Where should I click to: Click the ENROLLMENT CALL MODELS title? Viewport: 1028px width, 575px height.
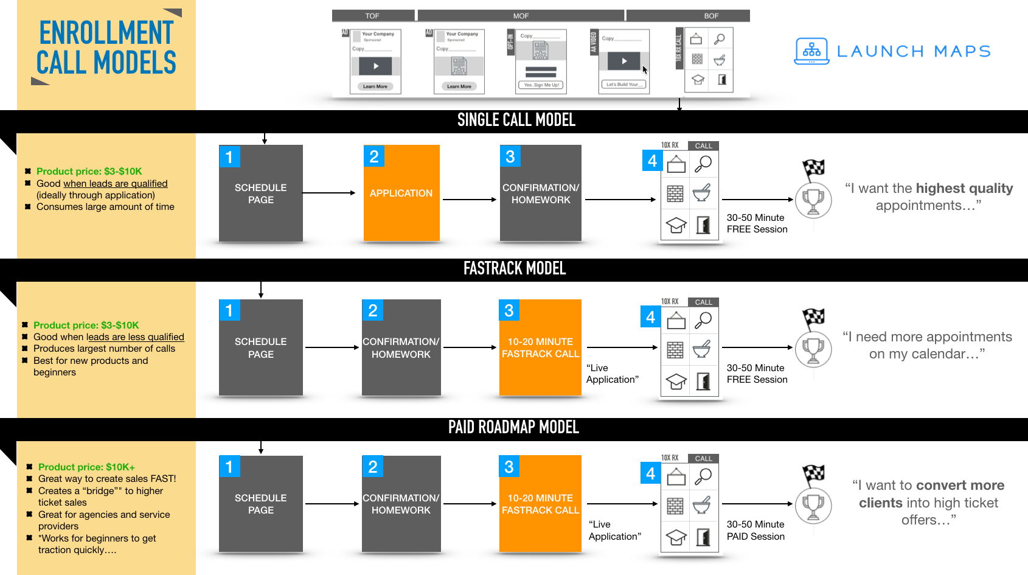tap(106, 47)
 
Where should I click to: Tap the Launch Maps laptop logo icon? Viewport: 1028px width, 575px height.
tap(811, 51)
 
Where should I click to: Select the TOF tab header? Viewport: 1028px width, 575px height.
tap(372, 16)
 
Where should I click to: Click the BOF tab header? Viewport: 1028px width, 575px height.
tap(711, 16)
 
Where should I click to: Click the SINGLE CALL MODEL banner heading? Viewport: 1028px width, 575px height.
tap(516, 120)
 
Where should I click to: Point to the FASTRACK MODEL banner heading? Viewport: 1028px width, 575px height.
tap(515, 268)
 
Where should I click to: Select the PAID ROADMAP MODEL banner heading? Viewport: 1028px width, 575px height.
tap(513, 427)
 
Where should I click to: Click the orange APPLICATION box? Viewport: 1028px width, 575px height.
tap(401, 193)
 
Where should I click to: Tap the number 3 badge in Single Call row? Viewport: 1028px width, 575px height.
tap(510, 156)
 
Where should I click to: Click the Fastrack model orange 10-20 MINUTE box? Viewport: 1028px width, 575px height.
tap(540, 347)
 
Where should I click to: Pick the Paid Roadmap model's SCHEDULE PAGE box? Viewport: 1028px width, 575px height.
tap(261, 504)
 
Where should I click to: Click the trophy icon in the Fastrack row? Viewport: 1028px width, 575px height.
tap(813, 349)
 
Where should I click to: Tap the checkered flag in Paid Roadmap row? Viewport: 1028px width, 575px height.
tap(814, 474)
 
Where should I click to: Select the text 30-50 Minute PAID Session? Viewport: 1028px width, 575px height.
tap(755, 530)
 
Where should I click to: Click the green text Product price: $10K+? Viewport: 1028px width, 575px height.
tap(86, 467)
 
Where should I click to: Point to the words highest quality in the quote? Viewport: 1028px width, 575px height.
tap(964, 189)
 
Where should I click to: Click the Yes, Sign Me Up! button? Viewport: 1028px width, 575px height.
tap(541, 85)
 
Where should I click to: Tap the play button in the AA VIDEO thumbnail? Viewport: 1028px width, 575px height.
tap(624, 61)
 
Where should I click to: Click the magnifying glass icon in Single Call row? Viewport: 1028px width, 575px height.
tap(704, 163)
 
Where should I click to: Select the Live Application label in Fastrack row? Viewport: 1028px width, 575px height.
tap(612, 374)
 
